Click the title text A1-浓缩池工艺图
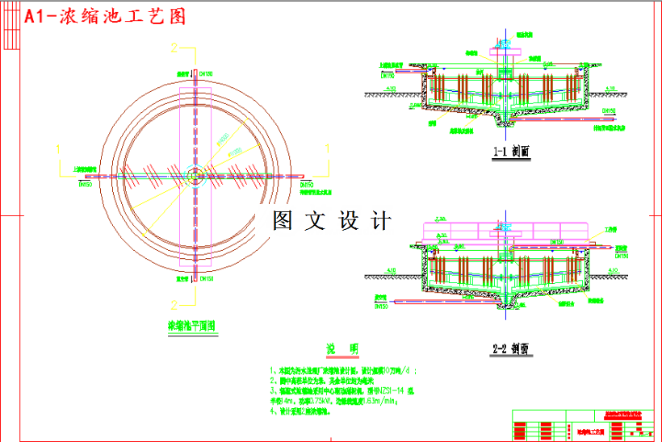tap(105, 17)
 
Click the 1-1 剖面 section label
tap(510, 151)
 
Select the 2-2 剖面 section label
tap(510, 349)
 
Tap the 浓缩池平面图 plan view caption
tap(191, 327)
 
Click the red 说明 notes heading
tap(342, 348)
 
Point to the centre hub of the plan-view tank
tap(194, 175)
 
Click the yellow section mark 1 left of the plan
tap(59, 148)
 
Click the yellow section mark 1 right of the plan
tap(327, 148)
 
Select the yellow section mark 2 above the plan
tap(174, 48)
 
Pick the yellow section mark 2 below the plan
tap(174, 304)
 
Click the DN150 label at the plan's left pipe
tap(85, 184)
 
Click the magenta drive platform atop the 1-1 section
tap(502, 52)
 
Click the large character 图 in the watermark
tap(283, 220)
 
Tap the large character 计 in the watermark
tap(380, 220)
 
